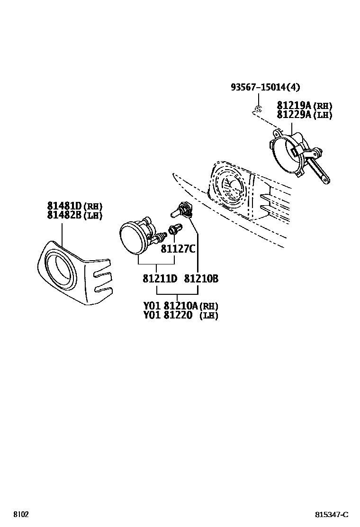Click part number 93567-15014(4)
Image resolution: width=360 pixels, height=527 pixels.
pyautogui.click(x=265, y=87)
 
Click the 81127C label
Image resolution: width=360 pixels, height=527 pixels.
pyautogui.click(x=178, y=248)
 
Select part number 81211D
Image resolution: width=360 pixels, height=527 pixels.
pyautogui.click(x=160, y=279)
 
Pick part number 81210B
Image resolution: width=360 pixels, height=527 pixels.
pyautogui.click(x=201, y=279)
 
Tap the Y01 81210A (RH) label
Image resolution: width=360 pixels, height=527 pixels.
pyautogui.click(x=180, y=306)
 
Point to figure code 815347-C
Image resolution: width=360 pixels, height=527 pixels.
pyautogui.click(x=332, y=515)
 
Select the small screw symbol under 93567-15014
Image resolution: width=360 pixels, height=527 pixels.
pyautogui.click(x=258, y=109)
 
